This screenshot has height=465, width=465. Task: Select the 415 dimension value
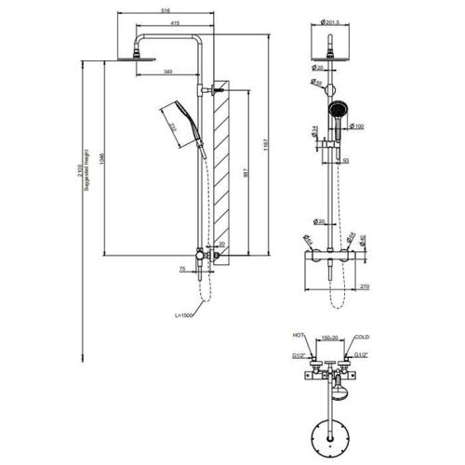[176, 25]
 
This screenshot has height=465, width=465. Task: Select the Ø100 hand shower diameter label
[358, 126]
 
